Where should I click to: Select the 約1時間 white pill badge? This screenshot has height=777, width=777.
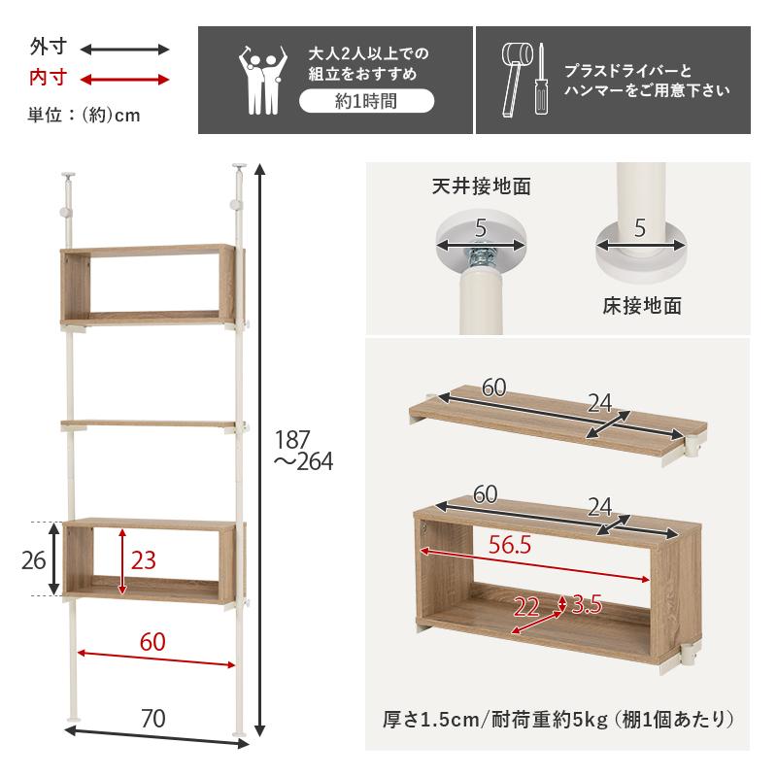point(365,100)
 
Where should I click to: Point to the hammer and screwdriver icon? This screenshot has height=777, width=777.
point(525,79)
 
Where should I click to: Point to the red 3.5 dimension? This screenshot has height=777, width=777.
point(587,604)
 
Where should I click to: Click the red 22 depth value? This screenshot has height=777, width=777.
point(526,607)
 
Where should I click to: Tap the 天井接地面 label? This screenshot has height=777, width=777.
point(482,185)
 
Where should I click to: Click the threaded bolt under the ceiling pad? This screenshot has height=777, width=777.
point(481,257)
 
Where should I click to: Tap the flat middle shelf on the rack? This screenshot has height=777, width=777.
point(151,424)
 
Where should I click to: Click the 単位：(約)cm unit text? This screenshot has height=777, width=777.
point(84,115)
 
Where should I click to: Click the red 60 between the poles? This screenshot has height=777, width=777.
point(152,642)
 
